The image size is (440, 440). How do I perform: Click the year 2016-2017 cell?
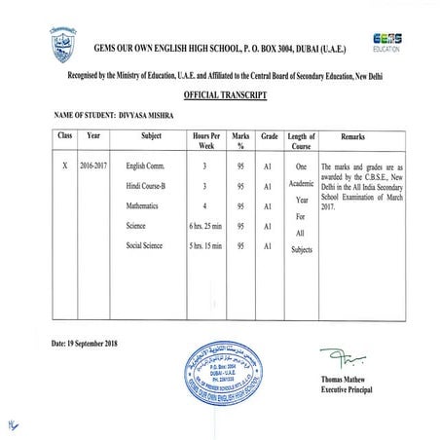pos(95,166)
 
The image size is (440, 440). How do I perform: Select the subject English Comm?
pos(148,166)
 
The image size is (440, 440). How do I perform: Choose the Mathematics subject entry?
pos(147,206)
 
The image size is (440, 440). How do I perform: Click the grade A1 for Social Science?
pos(266,245)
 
